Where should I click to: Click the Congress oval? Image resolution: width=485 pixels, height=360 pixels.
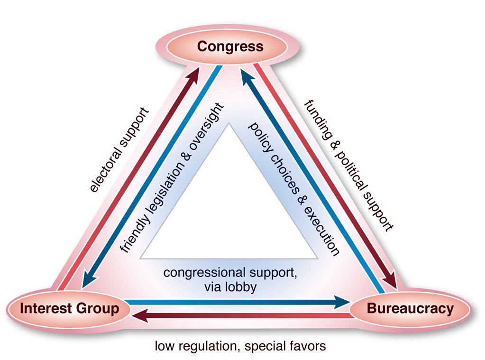pos(228,46)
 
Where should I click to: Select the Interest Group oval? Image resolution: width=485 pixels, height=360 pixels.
pos(69,309)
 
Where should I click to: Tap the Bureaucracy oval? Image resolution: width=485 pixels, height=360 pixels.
pos(410,309)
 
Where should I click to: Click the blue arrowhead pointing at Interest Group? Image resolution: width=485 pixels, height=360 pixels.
pos(89,280)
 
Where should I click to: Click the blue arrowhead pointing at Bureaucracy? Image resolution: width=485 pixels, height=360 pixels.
pos(342,302)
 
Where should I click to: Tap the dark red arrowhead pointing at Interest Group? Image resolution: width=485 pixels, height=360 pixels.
pos(140,316)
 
